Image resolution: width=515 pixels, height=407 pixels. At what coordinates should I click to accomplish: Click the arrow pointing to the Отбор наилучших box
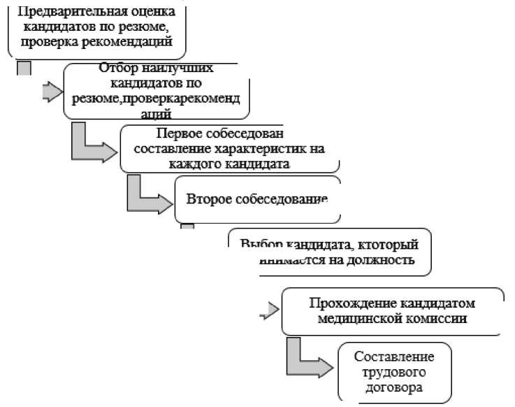tap(50, 93)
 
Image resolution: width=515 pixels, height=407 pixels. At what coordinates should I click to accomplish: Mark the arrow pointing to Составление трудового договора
tap(310, 361)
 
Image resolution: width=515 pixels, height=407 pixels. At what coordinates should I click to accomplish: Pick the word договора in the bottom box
tap(393, 386)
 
